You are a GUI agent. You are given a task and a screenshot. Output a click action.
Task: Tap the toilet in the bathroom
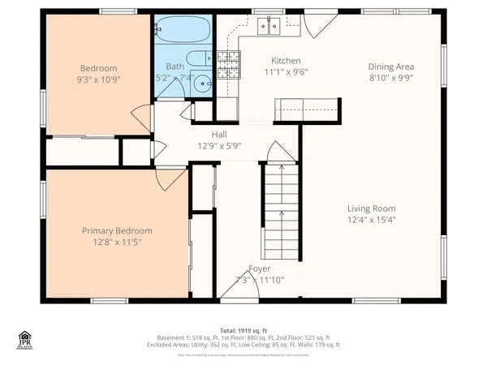point(197,58)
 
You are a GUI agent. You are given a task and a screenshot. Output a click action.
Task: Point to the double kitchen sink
point(269,27)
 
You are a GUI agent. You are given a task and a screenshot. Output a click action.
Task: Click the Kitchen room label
point(286,61)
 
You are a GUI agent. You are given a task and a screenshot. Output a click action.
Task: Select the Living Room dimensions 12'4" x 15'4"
point(378,219)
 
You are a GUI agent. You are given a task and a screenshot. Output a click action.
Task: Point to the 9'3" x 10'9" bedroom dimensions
point(98,79)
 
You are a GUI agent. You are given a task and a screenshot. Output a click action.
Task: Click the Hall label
point(220,135)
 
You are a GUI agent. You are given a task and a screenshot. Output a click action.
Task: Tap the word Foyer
point(260,268)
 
